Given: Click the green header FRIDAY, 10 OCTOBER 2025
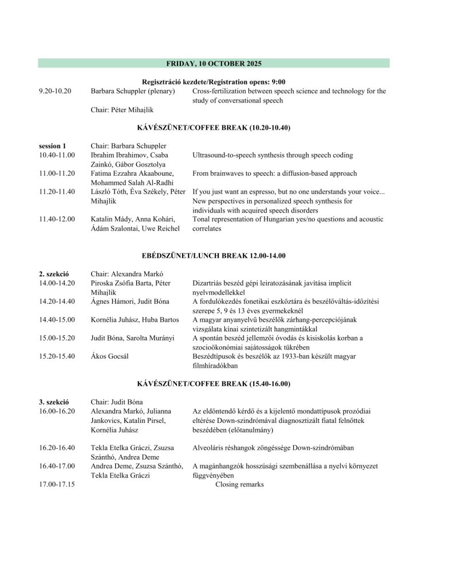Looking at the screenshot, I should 214,63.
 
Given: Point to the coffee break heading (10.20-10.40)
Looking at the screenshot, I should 214,128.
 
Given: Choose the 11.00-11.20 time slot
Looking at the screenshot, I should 57,173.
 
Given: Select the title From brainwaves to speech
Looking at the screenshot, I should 274,173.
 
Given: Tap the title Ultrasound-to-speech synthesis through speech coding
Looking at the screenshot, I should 273,155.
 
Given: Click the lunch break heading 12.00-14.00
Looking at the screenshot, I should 214,255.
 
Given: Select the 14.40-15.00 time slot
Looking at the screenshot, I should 57,319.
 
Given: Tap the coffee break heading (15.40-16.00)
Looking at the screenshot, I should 214,383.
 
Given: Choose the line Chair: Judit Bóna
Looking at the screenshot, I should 116,402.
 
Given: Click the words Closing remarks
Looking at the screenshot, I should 239,484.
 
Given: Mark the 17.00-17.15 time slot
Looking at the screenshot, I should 57,484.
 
